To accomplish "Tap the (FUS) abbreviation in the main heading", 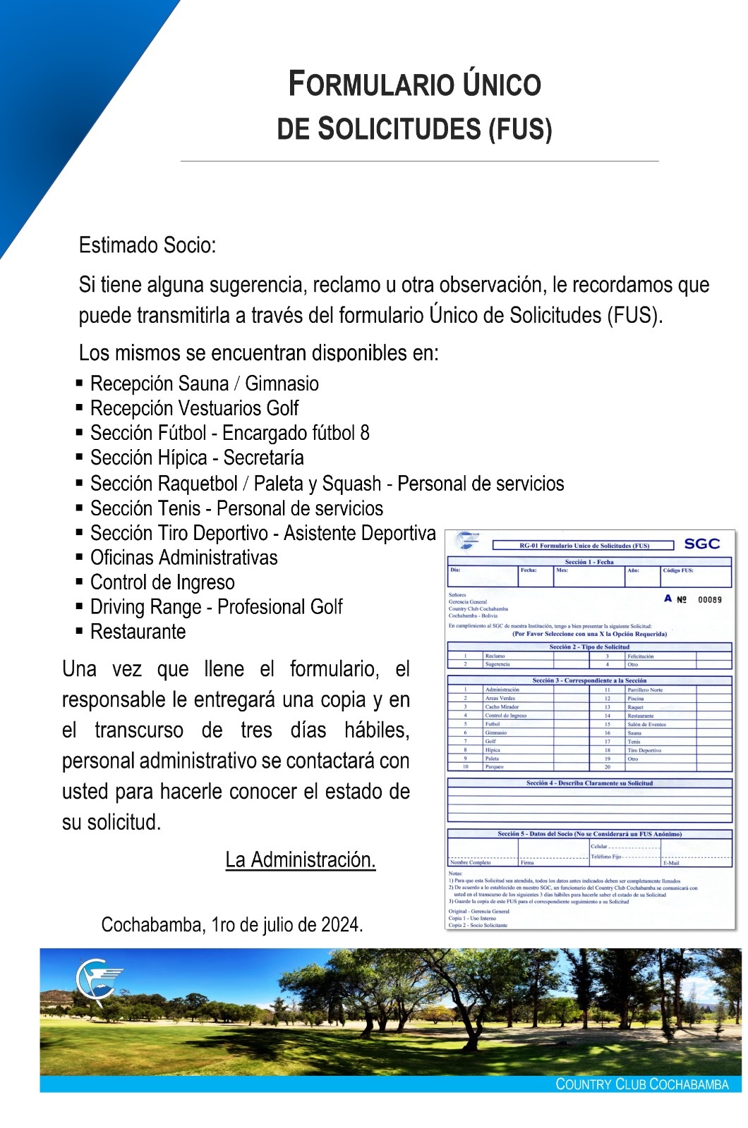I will click(x=520, y=130).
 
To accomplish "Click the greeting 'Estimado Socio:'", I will click(x=147, y=245).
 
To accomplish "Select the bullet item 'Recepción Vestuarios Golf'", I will click(x=194, y=408).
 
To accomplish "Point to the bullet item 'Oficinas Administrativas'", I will click(x=183, y=558).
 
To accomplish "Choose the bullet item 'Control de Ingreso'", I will click(x=162, y=582).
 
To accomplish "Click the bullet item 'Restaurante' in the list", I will click(x=138, y=632).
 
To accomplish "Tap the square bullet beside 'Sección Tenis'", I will click(x=80, y=508).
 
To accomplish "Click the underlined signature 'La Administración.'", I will click(x=301, y=859).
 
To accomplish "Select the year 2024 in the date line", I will click(x=342, y=924).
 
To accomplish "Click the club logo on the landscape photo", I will click(x=97, y=981).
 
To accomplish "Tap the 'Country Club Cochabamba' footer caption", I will click(x=641, y=1084).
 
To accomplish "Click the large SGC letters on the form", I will click(x=701, y=544).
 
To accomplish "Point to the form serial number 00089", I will click(x=709, y=600).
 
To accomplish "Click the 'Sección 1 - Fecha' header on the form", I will click(x=589, y=562).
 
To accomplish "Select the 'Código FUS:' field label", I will click(x=677, y=570).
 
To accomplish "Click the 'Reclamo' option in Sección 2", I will click(x=495, y=656).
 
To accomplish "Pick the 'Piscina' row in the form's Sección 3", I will click(x=635, y=699).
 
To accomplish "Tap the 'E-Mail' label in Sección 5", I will click(x=671, y=863).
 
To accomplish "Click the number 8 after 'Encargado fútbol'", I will click(x=364, y=433).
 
